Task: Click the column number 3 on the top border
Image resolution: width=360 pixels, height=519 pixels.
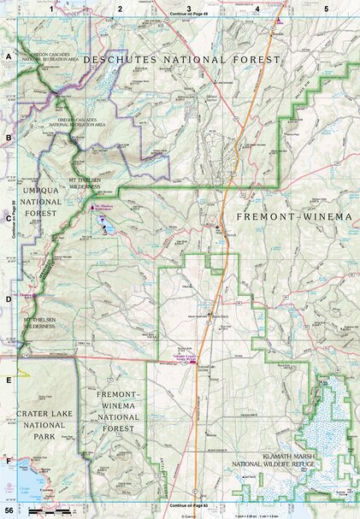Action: pos(188,8)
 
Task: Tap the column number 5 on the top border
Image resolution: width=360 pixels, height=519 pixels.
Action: pos(326,8)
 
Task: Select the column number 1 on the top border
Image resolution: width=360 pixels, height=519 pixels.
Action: pos(52,8)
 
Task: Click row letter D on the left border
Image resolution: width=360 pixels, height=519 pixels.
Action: pos(9,299)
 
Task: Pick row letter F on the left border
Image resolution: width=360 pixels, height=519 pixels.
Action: pos(9,462)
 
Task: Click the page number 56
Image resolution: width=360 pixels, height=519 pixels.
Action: pos(9,510)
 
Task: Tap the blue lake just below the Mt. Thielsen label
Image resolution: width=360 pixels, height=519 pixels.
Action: pos(104,229)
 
